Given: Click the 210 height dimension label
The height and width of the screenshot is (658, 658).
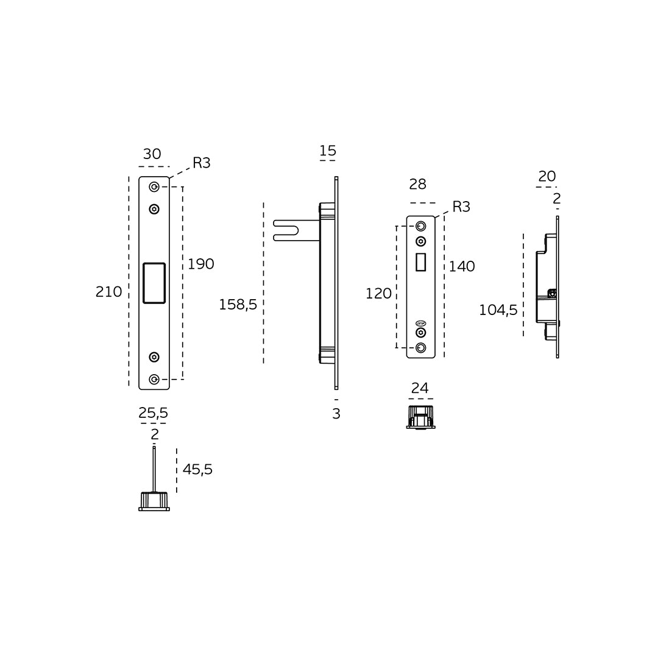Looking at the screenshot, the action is point(108,292).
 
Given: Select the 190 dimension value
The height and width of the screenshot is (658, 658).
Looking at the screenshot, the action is point(201,264).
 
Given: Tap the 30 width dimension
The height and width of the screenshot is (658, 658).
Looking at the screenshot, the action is point(152,154).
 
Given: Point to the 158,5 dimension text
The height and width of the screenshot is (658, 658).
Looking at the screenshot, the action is point(238,305).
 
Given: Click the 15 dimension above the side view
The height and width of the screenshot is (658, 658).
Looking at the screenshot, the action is point(328,150).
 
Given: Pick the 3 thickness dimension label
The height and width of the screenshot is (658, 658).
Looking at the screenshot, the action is point(336,414).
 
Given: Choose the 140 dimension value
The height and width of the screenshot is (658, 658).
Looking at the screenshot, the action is point(462,266).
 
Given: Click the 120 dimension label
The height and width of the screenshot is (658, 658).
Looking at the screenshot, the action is point(378,294).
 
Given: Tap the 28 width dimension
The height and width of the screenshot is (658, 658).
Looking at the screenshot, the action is point(418,184).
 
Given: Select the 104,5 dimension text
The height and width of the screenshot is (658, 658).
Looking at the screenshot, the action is point(498,311).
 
